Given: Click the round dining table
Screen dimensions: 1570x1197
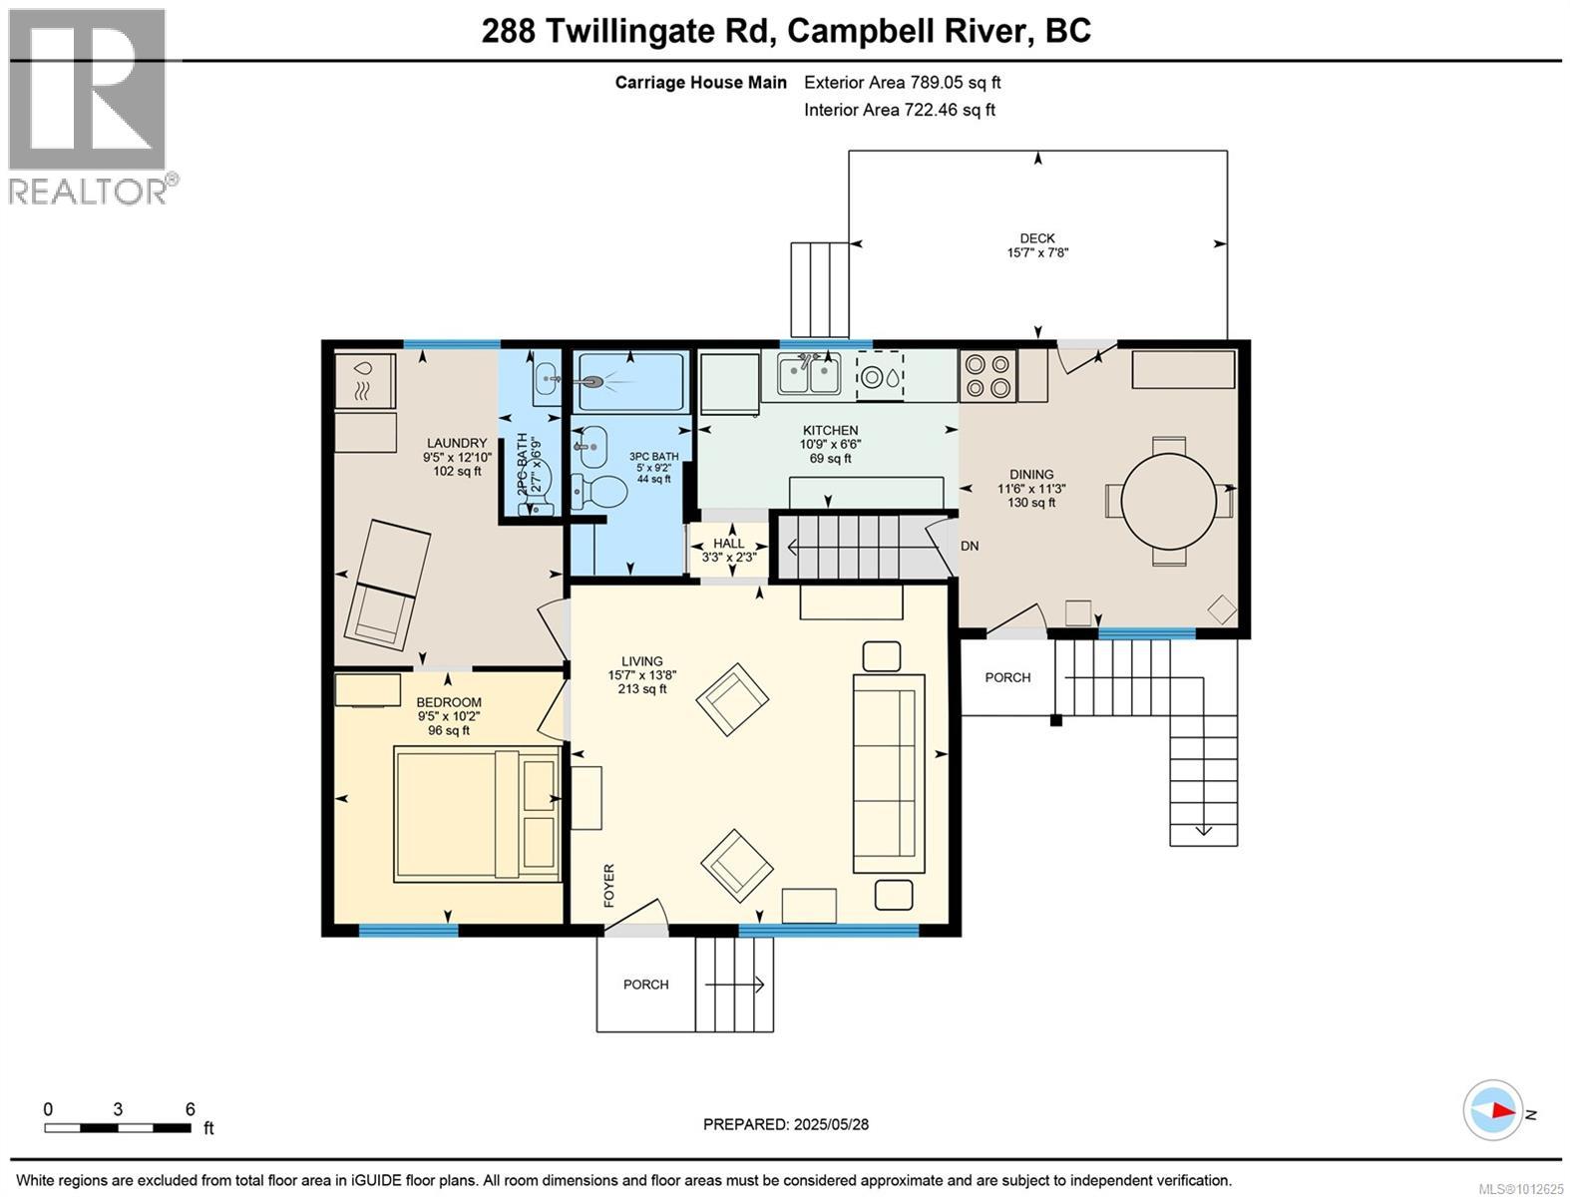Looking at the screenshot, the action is click(1168, 501).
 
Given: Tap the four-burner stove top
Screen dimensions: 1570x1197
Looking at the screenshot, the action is click(987, 375).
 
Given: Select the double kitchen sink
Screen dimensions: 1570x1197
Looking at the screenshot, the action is click(809, 375).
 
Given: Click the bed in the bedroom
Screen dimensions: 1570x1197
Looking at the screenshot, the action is click(477, 814).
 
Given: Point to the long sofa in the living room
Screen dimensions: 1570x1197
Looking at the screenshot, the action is click(889, 774).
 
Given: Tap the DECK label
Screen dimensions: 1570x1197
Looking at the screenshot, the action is click(1037, 238).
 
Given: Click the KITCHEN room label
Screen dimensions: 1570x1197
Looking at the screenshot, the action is click(831, 431).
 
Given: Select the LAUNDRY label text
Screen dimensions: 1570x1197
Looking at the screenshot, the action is click(457, 443).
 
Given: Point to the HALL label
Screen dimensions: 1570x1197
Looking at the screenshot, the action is click(728, 544).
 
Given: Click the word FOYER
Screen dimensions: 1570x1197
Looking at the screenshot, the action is click(608, 885).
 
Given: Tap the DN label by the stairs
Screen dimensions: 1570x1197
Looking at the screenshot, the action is click(970, 547).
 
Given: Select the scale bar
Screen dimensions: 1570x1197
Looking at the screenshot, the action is click(118, 1127).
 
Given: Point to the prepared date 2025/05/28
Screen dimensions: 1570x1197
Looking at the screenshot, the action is click(831, 1124).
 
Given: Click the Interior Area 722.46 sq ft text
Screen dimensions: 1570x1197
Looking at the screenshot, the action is click(899, 110).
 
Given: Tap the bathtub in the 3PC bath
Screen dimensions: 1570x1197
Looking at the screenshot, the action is click(630, 382).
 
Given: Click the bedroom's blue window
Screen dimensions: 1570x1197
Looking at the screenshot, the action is click(408, 931).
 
